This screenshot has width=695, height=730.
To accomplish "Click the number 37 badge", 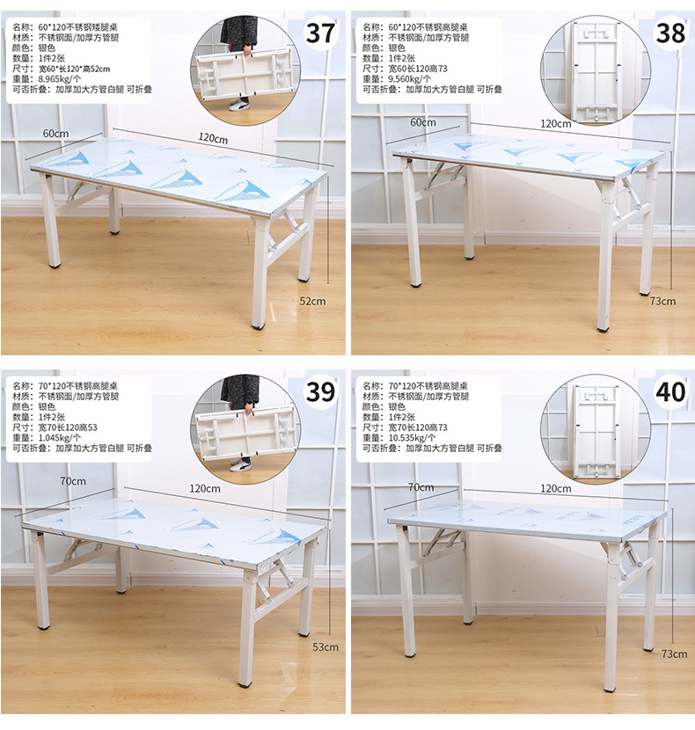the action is [x=320, y=33].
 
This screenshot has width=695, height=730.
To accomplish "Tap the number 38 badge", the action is [x=670, y=33].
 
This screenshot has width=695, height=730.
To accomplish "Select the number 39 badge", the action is [x=320, y=392].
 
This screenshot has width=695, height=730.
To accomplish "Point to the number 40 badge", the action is [x=670, y=392].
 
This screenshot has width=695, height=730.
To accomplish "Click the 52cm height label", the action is [x=312, y=301].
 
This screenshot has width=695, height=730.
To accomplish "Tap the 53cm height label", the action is [x=326, y=647].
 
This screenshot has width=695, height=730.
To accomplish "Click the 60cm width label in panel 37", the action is [x=56, y=134].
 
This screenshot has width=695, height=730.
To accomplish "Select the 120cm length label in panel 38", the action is [x=556, y=124].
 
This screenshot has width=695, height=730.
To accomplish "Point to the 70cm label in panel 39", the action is [x=73, y=481].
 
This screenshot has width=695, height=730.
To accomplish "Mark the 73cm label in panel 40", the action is [x=674, y=654].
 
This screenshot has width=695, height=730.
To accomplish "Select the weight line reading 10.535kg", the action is [x=399, y=438].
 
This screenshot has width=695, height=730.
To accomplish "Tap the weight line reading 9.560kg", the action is [x=397, y=79].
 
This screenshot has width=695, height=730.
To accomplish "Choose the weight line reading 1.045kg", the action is [x=47, y=438].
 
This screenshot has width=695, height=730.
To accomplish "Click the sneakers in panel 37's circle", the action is [x=239, y=104].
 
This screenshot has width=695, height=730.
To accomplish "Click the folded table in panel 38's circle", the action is [x=596, y=70].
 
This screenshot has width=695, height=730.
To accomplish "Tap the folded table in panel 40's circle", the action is [x=597, y=431].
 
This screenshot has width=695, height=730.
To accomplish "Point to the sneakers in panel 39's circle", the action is [x=240, y=464].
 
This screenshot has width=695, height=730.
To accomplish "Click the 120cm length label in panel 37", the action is [x=213, y=138].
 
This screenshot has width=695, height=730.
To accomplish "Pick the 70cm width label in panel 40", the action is [x=421, y=487].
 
